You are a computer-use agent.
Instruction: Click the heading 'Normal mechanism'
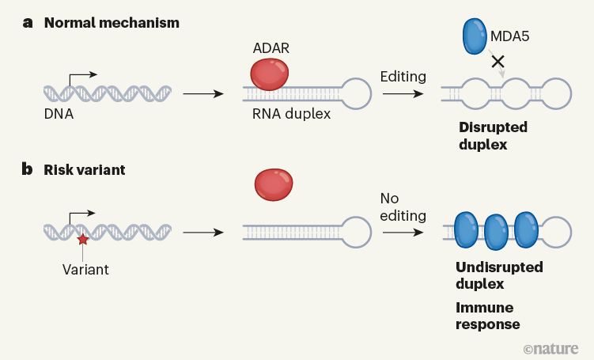[112, 22]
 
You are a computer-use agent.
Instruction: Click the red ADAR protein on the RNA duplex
[270, 74]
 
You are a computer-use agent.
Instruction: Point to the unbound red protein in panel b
[273, 184]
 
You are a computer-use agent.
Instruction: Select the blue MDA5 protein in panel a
[475, 36]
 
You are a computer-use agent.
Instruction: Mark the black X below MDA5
[498, 61]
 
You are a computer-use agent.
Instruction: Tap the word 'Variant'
[85, 269]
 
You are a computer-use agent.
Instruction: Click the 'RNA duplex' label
[291, 114]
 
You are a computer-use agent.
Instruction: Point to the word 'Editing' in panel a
[403, 77]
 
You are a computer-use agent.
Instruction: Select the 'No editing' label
[403, 207]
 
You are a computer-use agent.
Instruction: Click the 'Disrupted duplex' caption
[493, 135]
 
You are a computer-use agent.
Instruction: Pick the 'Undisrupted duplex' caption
[499, 275]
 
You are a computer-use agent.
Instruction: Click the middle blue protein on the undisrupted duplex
[496, 232]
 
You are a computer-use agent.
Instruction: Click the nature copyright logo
[552, 348]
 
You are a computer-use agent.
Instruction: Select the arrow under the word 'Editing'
[403, 93]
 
